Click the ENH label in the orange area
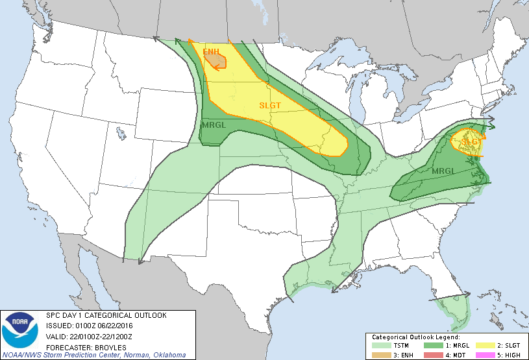pyautogui.click(x=211, y=51)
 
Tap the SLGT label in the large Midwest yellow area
pyautogui.click(x=270, y=105)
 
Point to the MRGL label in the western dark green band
pyautogui.click(x=214, y=125)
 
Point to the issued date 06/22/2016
pyautogui.click(x=116, y=326)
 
